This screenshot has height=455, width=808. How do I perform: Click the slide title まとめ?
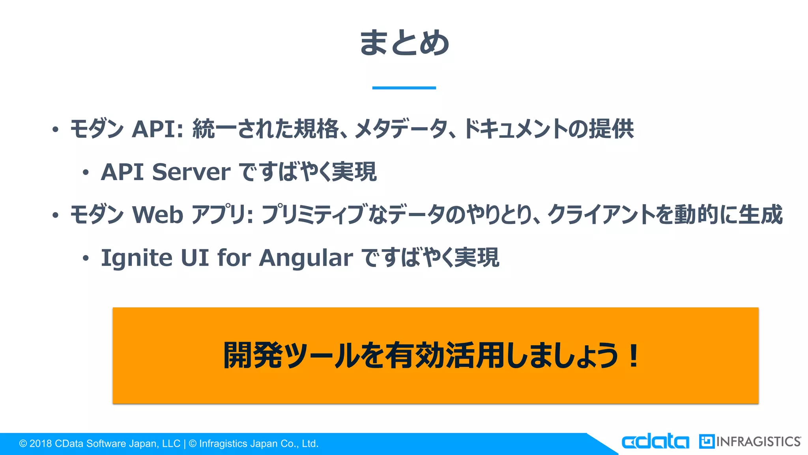pos(404,43)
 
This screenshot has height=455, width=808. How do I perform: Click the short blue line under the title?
pos(404,88)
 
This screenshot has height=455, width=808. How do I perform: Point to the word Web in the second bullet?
pos(157,214)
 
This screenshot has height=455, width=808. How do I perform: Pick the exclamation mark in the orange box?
pos(634,355)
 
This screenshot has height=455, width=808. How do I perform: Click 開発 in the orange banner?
pos(253,355)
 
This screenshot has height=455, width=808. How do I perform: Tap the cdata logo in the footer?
pos(655,442)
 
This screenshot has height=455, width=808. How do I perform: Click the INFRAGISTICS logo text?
pos(758,442)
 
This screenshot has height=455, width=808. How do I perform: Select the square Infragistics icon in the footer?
pos(706,442)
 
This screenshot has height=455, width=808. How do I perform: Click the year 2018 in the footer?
pos(41,444)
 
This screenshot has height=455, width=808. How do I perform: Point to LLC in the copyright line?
pos(171,444)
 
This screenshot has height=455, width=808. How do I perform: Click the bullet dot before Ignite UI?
pos(86,259)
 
